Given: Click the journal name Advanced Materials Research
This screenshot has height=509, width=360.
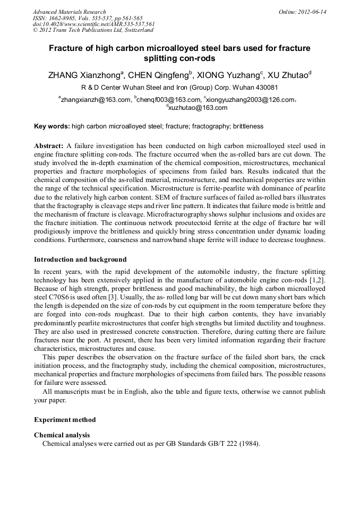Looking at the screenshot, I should point(69,12).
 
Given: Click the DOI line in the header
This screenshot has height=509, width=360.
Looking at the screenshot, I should point(93,24).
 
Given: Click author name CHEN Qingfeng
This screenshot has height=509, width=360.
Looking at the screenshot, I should point(159,75).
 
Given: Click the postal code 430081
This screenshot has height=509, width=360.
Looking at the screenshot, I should point(265,88).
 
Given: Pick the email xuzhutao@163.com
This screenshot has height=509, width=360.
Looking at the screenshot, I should point(198,108).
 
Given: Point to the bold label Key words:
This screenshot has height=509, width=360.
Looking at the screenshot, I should point(52,127).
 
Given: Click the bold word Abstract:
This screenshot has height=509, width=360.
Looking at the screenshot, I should point(49,145).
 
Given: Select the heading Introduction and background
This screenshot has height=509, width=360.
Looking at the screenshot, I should point(80,260).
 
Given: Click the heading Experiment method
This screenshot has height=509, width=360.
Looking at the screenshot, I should point(65,419).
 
